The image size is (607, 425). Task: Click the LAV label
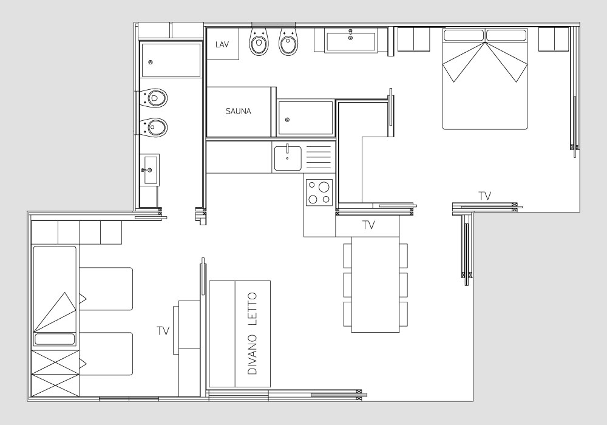click(x=222, y=44)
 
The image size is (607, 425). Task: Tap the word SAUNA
click(x=239, y=112)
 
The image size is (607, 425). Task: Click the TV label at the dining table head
click(x=368, y=225)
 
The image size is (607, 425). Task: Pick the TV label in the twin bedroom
click(x=163, y=331)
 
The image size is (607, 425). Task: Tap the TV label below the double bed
click(x=484, y=196)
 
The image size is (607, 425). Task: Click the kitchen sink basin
click(x=288, y=158)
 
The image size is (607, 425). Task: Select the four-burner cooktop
click(x=319, y=192)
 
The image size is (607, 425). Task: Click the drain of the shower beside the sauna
click(x=287, y=120)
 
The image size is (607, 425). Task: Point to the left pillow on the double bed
click(x=464, y=36)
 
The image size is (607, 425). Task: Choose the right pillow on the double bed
click(x=506, y=36)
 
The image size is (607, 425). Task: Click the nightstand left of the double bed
click(x=414, y=39)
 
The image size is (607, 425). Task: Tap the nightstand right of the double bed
click(x=554, y=39)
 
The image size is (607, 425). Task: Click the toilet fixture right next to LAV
click(x=258, y=41)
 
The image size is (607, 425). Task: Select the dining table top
click(x=375, y=284)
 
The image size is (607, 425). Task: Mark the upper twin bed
click(x=106, y=289)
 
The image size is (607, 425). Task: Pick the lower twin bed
click(x=106, y=354)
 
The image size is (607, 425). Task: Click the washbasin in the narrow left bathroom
click(x=150, y=170)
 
